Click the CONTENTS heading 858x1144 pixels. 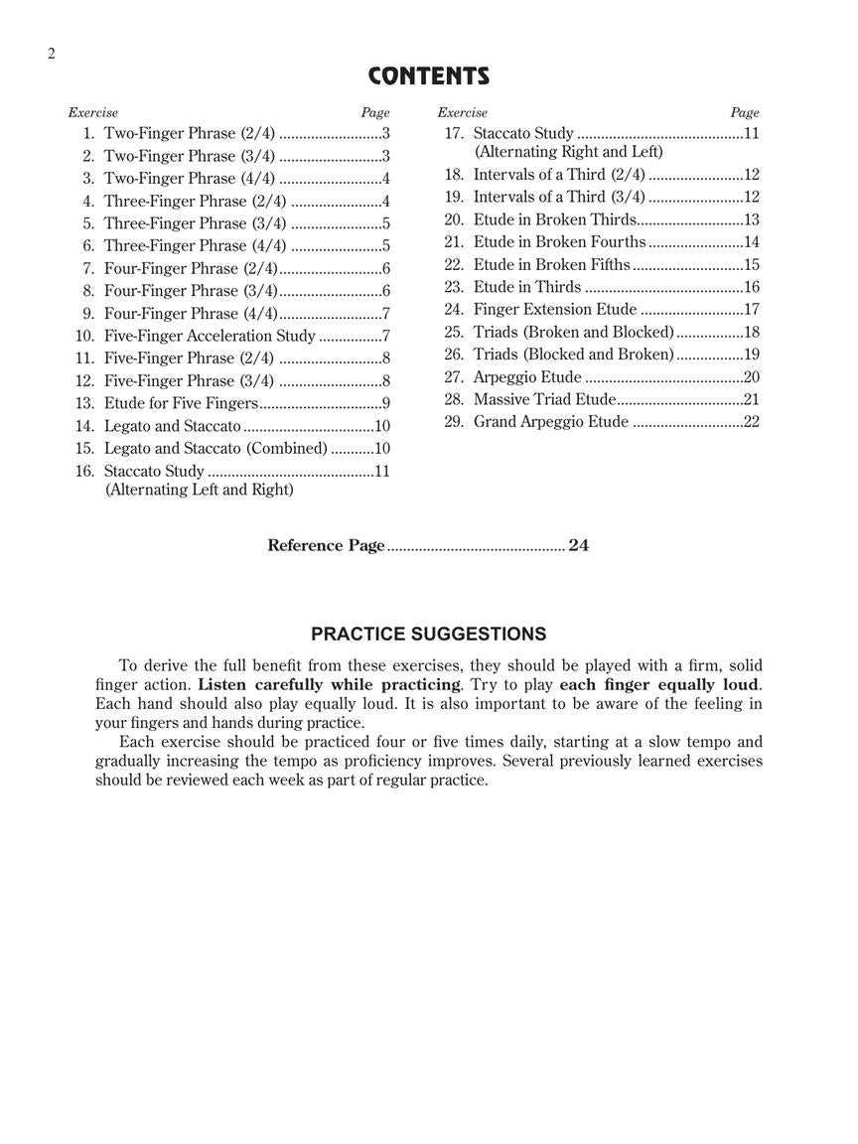click(x=429, y=76)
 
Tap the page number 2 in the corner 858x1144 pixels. click(x=51, y=54)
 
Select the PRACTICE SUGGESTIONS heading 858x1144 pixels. click(x=428, y=634)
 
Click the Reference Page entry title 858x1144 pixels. click(x=326, y=545)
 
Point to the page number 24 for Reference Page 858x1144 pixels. click(x=579, y=545)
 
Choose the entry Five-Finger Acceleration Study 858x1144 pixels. click(x=210, y=336)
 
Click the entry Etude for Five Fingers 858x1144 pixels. click(x=181, y=403)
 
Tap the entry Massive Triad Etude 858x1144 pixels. click(x=544, y=399)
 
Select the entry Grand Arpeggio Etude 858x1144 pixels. click(x=551, y=422)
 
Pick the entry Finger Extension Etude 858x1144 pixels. click(x=555, y=310)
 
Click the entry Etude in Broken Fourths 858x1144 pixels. click(x=560, y=241)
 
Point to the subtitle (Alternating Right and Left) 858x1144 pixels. click(x=568, y=152)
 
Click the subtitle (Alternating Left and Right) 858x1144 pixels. click(x=199, y=490)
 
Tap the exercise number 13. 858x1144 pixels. click(x=84, y=403)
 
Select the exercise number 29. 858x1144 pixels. click(x=454, y=422)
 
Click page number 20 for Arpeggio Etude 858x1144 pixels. click(x=751, y=377)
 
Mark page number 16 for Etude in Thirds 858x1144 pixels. click(x=751, y=287)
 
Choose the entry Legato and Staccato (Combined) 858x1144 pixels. click(x=215, y=448)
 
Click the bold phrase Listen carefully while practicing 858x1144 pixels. click(x=330, y=684)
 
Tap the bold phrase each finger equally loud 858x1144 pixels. click(x=660, y=684)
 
